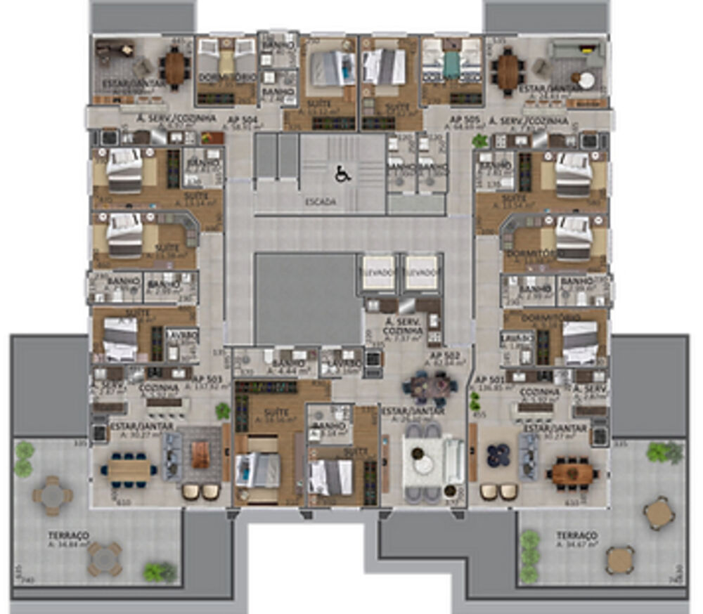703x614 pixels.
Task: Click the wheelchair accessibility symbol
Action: pyautogui.click(x=342, y=174)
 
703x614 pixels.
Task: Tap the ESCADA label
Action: pyautogui.click(x=320, y=202)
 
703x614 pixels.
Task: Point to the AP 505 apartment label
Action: pyautogui.click(x=464, y=119)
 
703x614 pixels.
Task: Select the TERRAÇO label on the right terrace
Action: pyautogui.click(x=576, y=535)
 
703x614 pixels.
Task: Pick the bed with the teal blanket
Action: pyautogui.click(x=451, y=65)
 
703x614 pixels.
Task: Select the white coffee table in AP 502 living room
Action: pyautogui.click(x=424, y=464)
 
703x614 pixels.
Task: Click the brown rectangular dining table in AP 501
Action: pyautogui.click(x=570, y=472)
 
